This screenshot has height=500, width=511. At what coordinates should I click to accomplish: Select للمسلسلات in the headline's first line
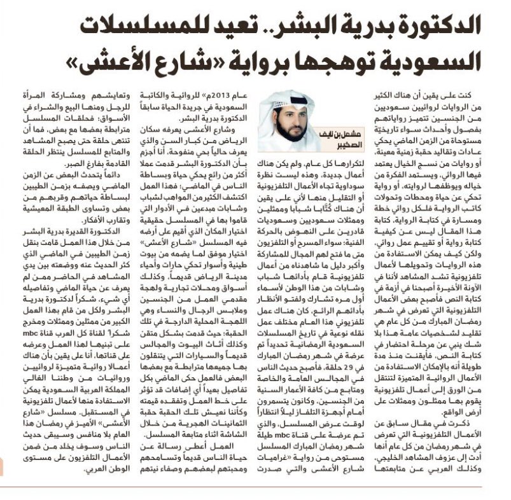pyautogui.click(x=117, y=29)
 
